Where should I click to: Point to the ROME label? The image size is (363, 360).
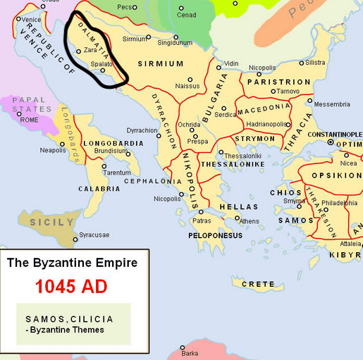pos(29,120)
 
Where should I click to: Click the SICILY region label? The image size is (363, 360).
pos(51,222)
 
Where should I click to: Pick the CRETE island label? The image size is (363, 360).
pos(258,284)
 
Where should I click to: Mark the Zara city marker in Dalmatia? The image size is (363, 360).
pos(78,51)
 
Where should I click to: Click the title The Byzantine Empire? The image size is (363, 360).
pos(72,263)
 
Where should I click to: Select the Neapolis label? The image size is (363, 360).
pos(53,150)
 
